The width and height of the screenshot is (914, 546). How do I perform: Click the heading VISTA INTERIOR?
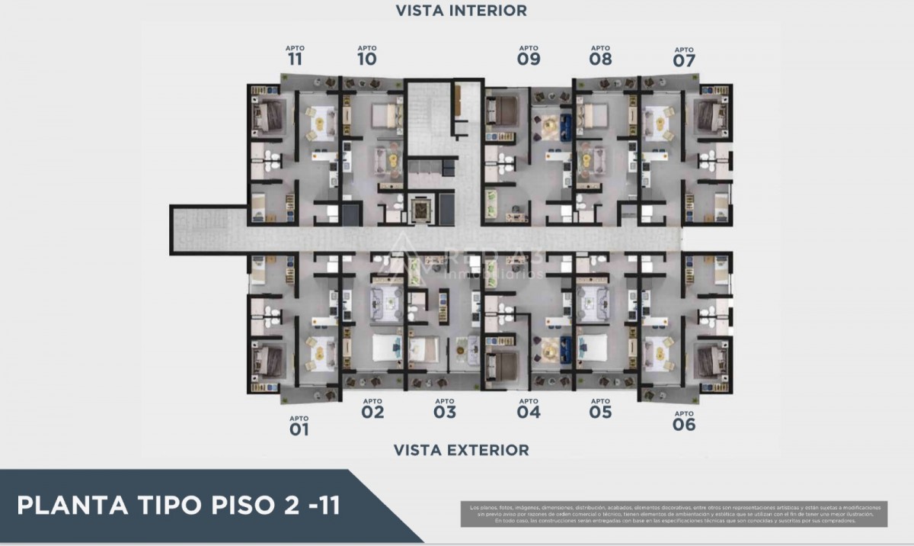coord(461,11)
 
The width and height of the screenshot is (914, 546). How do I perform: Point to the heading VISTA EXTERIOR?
coord(461,450)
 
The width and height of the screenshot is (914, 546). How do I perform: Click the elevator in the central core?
coord(420,207)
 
